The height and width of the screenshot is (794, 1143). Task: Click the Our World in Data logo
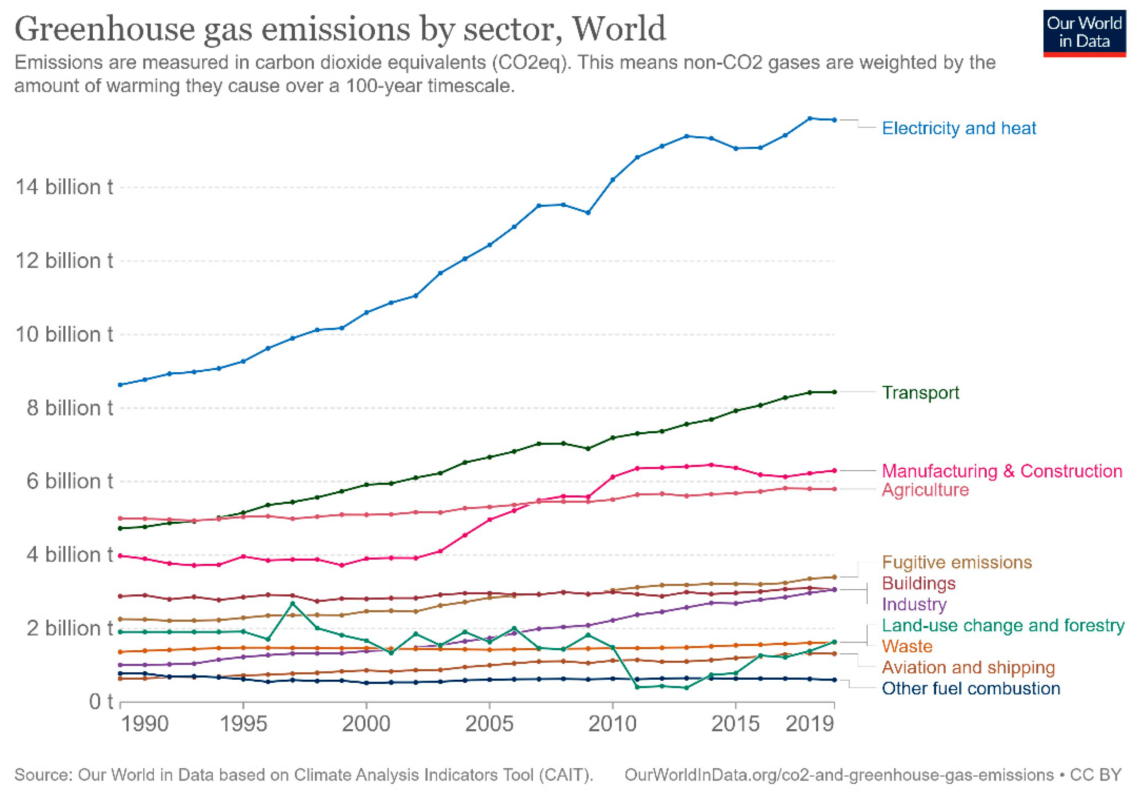tap(1084, 33)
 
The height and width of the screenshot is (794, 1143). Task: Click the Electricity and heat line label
tap(958, 128)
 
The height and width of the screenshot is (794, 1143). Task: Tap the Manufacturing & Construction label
tap(1002, 471)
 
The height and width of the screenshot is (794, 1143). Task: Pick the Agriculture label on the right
tap(925, 490)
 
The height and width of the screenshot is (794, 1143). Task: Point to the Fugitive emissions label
tap(956, 562)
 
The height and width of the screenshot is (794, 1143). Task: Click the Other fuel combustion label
tap(970, 689)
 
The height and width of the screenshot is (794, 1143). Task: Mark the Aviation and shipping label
tap(968, 668)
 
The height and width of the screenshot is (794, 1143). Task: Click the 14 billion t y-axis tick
tap(64, 188)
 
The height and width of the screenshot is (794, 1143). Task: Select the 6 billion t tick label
tap(70, 482)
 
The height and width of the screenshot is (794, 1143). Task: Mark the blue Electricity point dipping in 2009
tap(587, 213)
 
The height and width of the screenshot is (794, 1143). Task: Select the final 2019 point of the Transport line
tap(834, 392)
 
